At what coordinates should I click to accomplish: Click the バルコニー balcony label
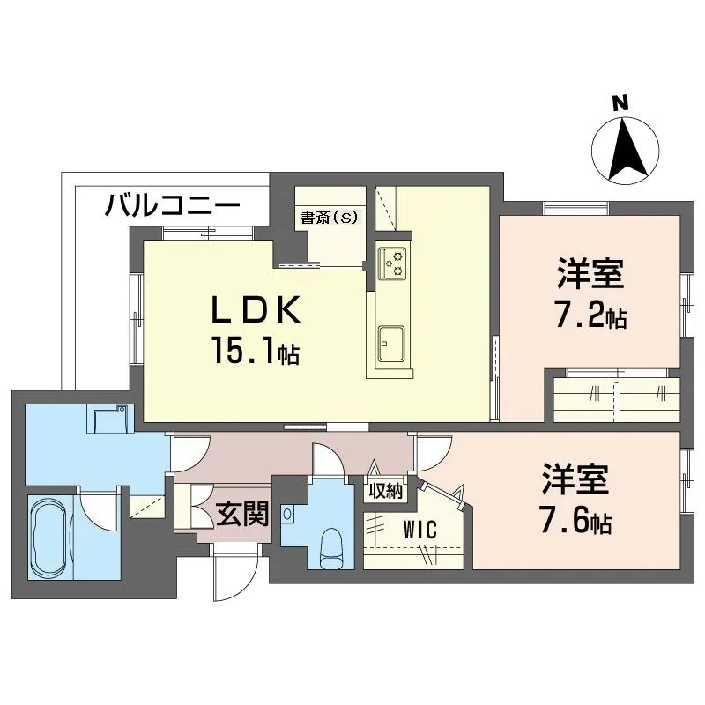tap(172, 205)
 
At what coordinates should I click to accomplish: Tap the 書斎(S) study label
tap(330, 218)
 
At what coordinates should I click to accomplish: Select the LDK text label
tap(256, 310)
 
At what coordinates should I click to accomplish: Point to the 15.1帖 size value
tap(256, 351)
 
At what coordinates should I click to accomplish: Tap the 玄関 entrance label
tap(242, 514)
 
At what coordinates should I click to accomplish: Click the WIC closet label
tap(420, 530)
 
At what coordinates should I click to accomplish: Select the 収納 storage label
tap(385, 492)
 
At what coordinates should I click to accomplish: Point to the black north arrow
tap(626, 148)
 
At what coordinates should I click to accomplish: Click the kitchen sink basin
tap(390, 344)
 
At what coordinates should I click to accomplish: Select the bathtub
tap(50, 537)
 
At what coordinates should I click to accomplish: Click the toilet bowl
tap(332, 548)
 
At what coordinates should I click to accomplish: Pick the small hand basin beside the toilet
tap(288, 513)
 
